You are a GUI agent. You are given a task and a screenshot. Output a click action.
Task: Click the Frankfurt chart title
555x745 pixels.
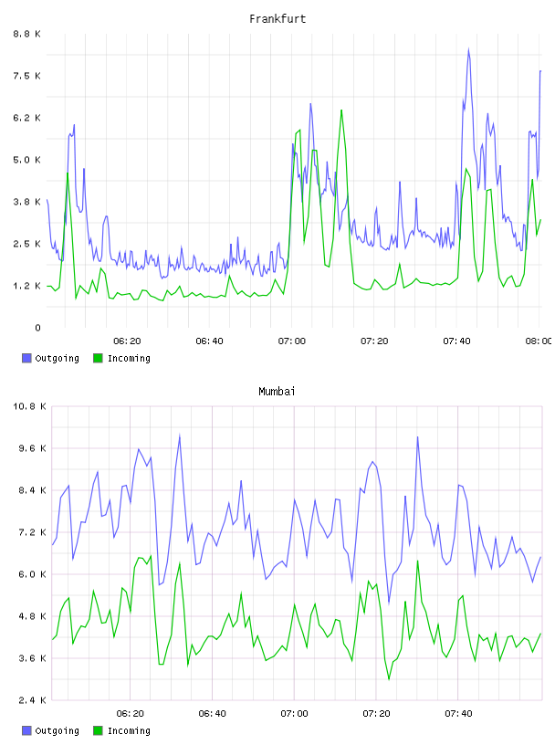[x=277, y=19]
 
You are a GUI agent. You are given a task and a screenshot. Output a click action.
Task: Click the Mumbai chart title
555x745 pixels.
[x=277, y=392]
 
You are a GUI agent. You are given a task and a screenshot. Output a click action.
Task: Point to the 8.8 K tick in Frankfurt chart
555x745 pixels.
[x=26, y=34]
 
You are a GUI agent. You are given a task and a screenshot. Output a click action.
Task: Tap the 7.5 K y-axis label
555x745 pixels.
[x=26, y=76]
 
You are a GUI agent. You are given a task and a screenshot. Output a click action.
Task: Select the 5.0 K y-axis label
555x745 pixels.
[x=26, y=160]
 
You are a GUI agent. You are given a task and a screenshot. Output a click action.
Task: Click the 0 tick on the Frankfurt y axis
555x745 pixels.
[x=37, y=328]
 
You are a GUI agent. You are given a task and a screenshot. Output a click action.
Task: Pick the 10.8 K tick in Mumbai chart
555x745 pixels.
[x=29, y=406]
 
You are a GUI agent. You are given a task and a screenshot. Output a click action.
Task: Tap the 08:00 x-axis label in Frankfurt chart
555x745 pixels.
[x=539, y=341]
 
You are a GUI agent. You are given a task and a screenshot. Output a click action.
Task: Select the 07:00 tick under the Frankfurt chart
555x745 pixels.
[x=292, y=341]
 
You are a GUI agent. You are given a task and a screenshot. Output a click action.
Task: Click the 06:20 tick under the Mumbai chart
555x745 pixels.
[x=130, y=714]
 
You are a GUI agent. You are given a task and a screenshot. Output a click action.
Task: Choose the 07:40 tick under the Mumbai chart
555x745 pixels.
[x=458, y=714]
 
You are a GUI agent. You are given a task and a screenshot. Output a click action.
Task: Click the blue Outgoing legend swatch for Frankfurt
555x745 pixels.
[x=26, y=358]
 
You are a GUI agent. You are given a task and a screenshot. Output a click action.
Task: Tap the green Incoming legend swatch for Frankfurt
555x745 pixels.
[x=98, y=358]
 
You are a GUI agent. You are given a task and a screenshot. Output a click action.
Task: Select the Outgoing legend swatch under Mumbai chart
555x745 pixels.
[x=26, y=730]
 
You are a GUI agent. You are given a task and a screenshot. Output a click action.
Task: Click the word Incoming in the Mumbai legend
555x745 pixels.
[x=129, y=731]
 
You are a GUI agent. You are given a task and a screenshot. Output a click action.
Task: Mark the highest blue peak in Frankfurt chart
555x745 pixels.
[x=468, y=49]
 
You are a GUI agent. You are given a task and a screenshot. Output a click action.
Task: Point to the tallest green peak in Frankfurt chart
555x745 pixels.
[x=341, y=110]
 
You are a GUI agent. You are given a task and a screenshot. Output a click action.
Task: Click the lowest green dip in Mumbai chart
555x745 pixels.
[x=389, y=679]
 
